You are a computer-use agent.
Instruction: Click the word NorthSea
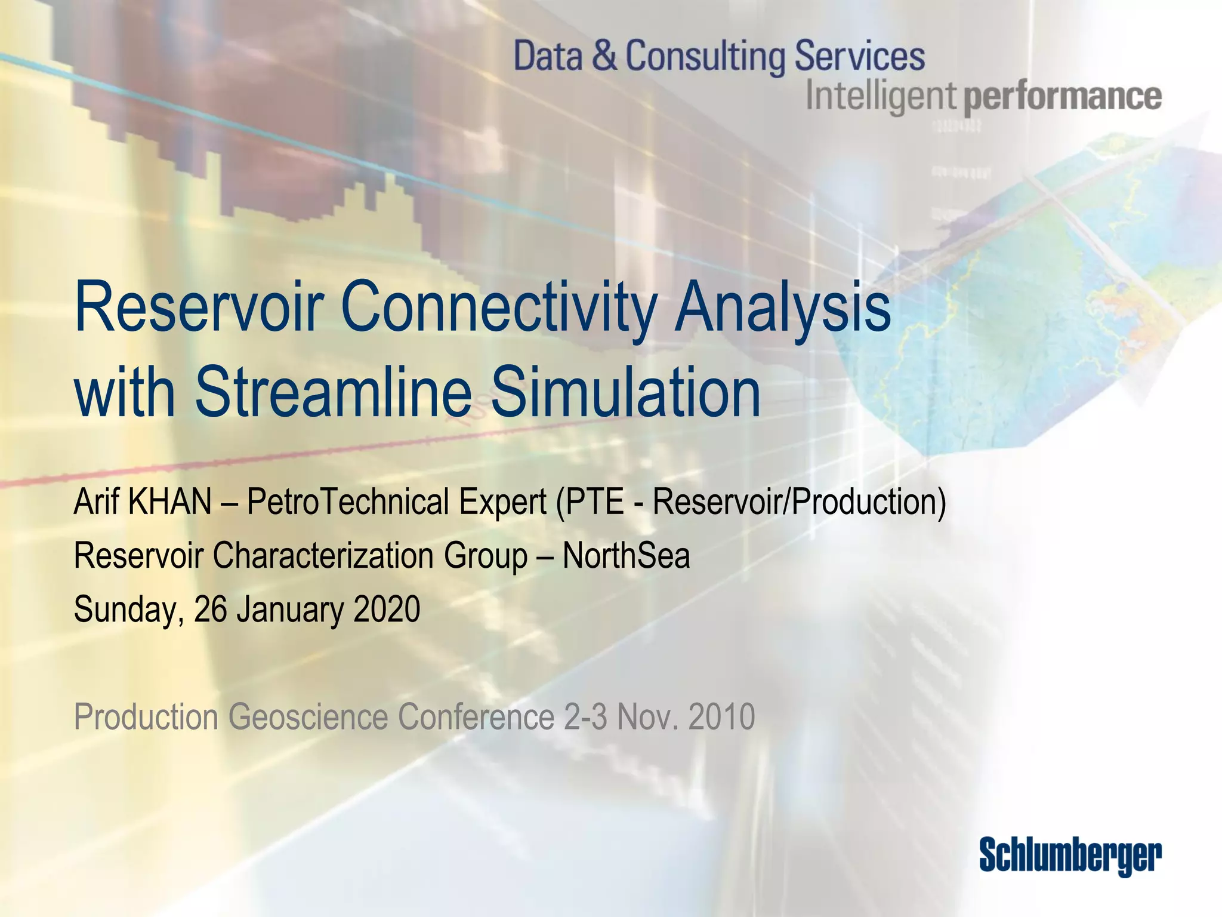(626, 555)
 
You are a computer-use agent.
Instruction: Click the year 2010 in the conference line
(721, 717)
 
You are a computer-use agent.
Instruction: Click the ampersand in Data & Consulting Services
(604, 56)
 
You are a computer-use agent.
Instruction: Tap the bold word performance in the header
(1063, 97)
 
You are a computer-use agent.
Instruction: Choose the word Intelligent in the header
(881, 97)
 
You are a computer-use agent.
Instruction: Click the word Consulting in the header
(705, 56)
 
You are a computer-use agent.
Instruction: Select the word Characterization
(322, 555)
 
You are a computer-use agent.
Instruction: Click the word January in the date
(290, 610)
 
